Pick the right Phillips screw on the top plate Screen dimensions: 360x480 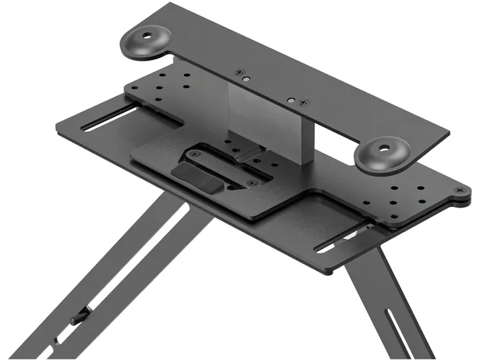tap(304, 102)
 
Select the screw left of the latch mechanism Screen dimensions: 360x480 tap(192, 155)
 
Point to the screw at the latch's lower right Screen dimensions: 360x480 tap(250, 183)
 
